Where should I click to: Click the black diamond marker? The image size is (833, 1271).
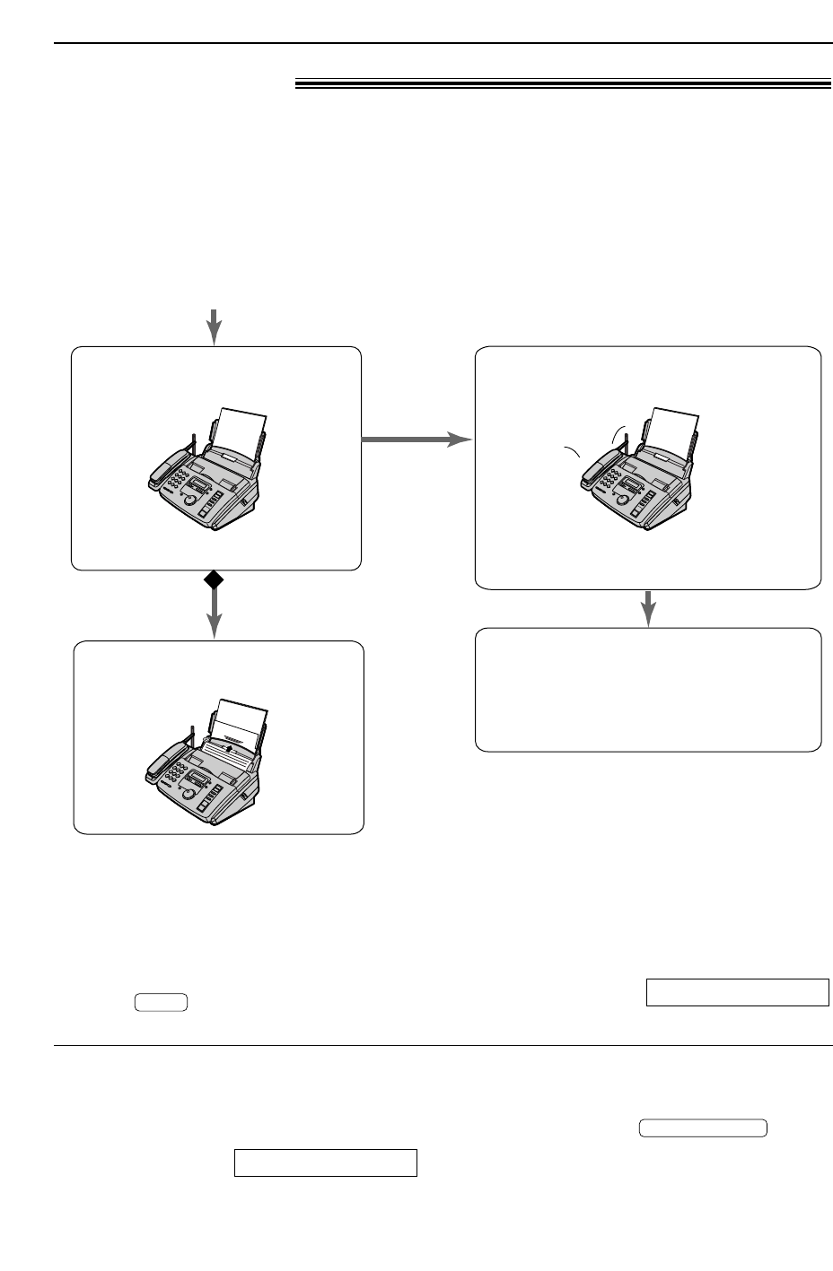[x=214, y=580]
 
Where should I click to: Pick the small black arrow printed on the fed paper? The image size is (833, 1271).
[x=230, y=746]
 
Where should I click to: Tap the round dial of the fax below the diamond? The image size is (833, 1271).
[x=189, y=793]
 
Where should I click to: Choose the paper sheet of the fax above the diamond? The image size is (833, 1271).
[x=243, y=426]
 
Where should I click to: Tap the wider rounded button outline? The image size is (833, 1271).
[x=703, y=1128]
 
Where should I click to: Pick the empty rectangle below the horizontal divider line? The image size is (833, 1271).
[x=326, y=1162]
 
